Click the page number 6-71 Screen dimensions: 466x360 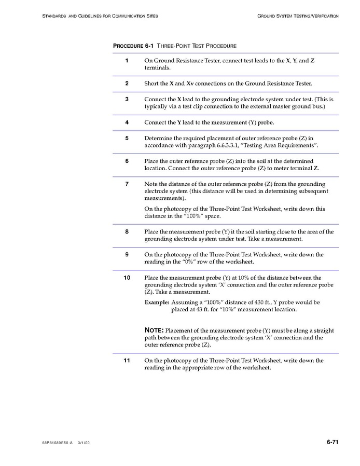click(333, 442)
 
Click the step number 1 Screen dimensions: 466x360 click(127, 61)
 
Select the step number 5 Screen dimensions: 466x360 click(127, 138)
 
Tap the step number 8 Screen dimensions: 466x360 click(127, 231)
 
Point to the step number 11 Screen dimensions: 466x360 click(127, 360)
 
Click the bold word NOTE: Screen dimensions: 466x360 click(154, 330)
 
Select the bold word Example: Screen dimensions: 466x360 click(157, 302)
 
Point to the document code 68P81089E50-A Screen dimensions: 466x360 click(57, 443)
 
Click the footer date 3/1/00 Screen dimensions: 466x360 click(84, 443)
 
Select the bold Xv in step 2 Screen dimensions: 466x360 click(190, 83)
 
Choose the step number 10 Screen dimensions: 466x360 click(127, 278)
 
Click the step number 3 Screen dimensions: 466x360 click(127, 99)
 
